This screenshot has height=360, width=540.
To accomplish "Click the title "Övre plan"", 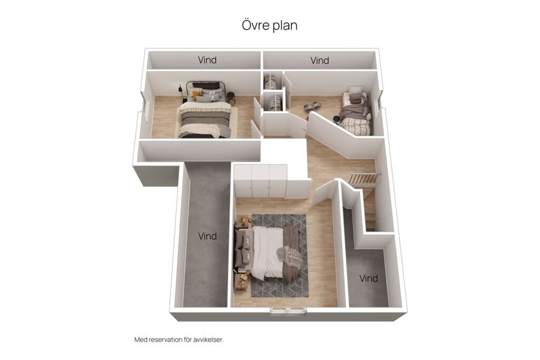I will click(269, 25).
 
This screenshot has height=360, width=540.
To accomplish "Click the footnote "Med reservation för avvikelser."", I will click(178, 340).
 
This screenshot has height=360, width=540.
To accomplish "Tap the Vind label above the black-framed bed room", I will click(207, 60).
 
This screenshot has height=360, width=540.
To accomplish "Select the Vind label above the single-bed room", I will click(319, 60).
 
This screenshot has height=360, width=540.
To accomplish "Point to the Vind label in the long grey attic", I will click(207, 236).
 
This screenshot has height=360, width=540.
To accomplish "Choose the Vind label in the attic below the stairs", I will click(368, 278).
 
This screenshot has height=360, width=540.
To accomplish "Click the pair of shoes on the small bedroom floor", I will click(312, 107).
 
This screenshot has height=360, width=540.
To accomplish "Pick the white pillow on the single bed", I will click(355, 91).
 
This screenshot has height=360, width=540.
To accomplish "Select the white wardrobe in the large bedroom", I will click(261, 181).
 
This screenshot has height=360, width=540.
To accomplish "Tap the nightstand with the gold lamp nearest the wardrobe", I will click(244, 222).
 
